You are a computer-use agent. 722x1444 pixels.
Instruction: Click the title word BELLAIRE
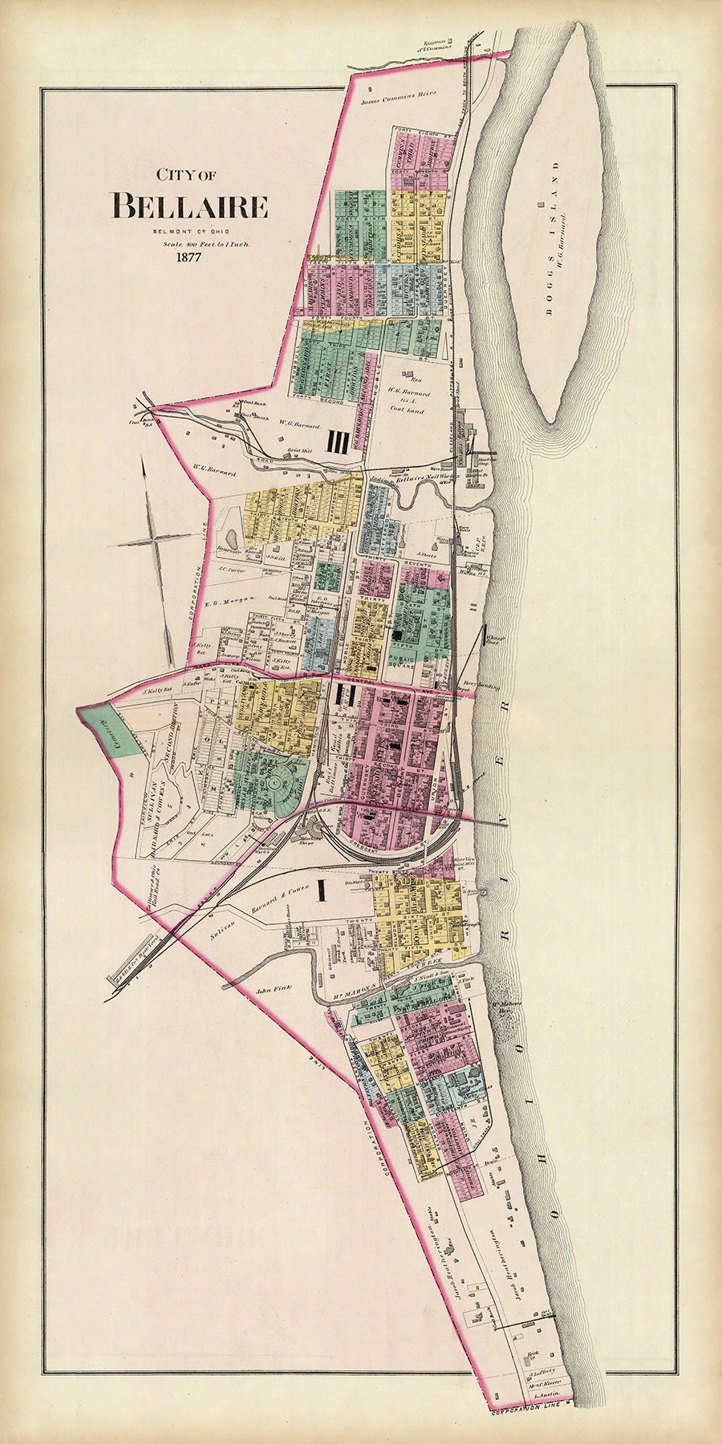tap(189, 206)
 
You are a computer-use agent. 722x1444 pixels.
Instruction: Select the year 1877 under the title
tap(185, 258)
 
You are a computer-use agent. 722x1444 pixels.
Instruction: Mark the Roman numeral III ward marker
tap(336, 441)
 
